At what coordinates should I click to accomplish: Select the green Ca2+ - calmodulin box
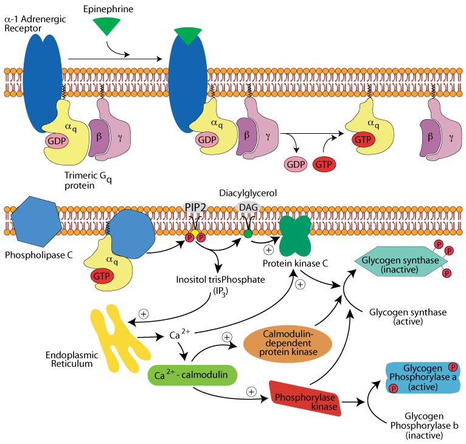pos(191,375)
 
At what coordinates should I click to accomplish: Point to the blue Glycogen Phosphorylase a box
pos(422,377)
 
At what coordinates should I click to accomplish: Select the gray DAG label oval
pos(248,207)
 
